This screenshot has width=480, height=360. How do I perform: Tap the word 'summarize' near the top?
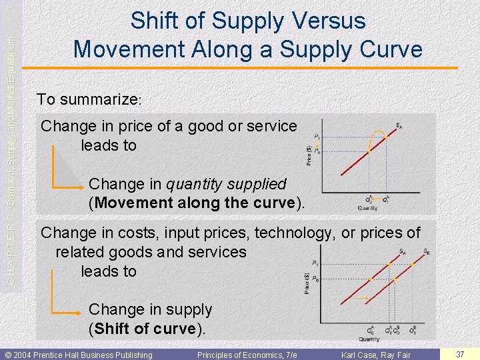98,100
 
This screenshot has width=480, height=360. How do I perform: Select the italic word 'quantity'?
193,183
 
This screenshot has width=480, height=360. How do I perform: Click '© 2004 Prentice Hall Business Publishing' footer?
79,355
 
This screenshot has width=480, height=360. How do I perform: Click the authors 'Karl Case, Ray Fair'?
376,355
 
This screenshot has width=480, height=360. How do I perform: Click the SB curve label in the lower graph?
427,251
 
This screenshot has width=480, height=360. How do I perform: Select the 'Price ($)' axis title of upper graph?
308,157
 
